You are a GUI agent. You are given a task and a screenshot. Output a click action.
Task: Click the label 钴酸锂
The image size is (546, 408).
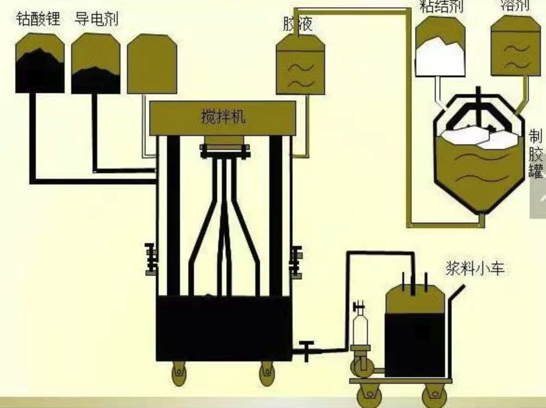pyautogui.click(x=38, y=19)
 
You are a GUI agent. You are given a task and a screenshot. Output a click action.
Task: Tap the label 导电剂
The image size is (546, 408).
pyautogui.click(x=96, y=19)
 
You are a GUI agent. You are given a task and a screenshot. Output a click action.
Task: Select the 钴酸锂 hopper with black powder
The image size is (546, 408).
pyautogui.click(x=40, y=63)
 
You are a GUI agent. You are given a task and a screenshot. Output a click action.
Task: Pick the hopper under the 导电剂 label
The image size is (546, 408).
pyautogui.click(x=95, y=63)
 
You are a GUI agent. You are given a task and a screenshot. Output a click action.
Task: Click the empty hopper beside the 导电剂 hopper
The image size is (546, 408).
pyautogui.click(x=152, y=63)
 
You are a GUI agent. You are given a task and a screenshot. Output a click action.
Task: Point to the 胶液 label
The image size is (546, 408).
pyautogui.click(x=298, y=24)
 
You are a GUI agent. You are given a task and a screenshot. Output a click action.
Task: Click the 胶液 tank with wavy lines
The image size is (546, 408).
pyautogui.click(x=300, y=66)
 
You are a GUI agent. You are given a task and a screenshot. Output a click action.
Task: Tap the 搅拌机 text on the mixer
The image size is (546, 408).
pyautogui.click(x=223, y=117)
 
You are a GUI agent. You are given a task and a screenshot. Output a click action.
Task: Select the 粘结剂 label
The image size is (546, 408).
pyautogui.click(x=441, y=7)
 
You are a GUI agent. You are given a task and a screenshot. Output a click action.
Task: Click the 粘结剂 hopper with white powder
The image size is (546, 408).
pyautogui.click(x=440, y=47)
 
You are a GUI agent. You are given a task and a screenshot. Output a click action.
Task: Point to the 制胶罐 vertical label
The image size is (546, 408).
pyautogui.click(x=536, y=154)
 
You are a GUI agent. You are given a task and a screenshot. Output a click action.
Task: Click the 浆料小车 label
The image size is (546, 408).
pyautogui.click(x=475, y=269)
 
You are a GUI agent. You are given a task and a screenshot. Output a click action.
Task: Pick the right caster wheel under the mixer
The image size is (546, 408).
pyautogui.click(x=266, y=373)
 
